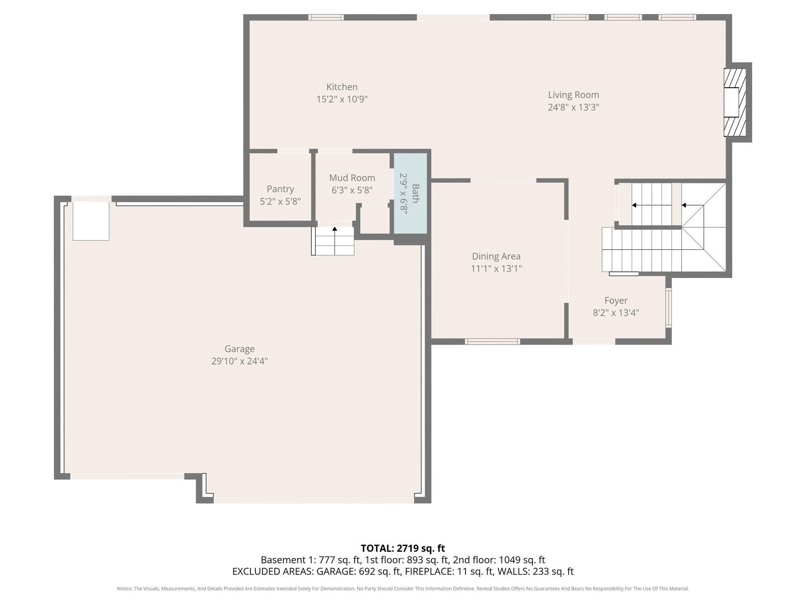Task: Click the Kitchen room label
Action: pos(342,87)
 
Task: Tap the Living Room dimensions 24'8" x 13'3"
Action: pos(573,107)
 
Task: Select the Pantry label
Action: pos(280,189)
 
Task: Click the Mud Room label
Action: pos(352,178)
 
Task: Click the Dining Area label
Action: pos(496,256)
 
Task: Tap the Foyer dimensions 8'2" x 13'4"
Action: pos(616,313)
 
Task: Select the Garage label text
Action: pos(239,349)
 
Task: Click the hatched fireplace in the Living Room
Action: pos(734,102)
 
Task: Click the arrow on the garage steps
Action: pos(335,229)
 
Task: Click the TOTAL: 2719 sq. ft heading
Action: pos(403,548)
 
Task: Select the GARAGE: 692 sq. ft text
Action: pos(359,572)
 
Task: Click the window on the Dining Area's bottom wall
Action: pos(492,341)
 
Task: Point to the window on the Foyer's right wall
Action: pos(668,308)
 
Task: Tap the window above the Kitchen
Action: pos(325,17)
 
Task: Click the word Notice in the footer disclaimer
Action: pos(124,589)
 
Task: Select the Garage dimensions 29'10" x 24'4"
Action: pos(239,361)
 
